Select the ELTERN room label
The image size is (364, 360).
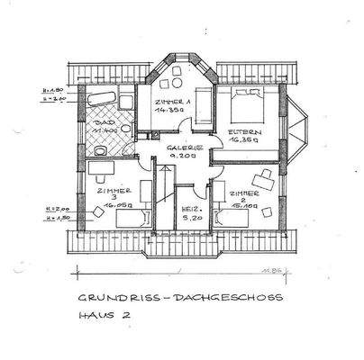pos(242,131)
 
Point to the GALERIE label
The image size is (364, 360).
pos(185,148)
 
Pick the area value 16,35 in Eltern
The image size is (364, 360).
pos(242,141)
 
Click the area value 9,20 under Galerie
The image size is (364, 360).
pos(184,157)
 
